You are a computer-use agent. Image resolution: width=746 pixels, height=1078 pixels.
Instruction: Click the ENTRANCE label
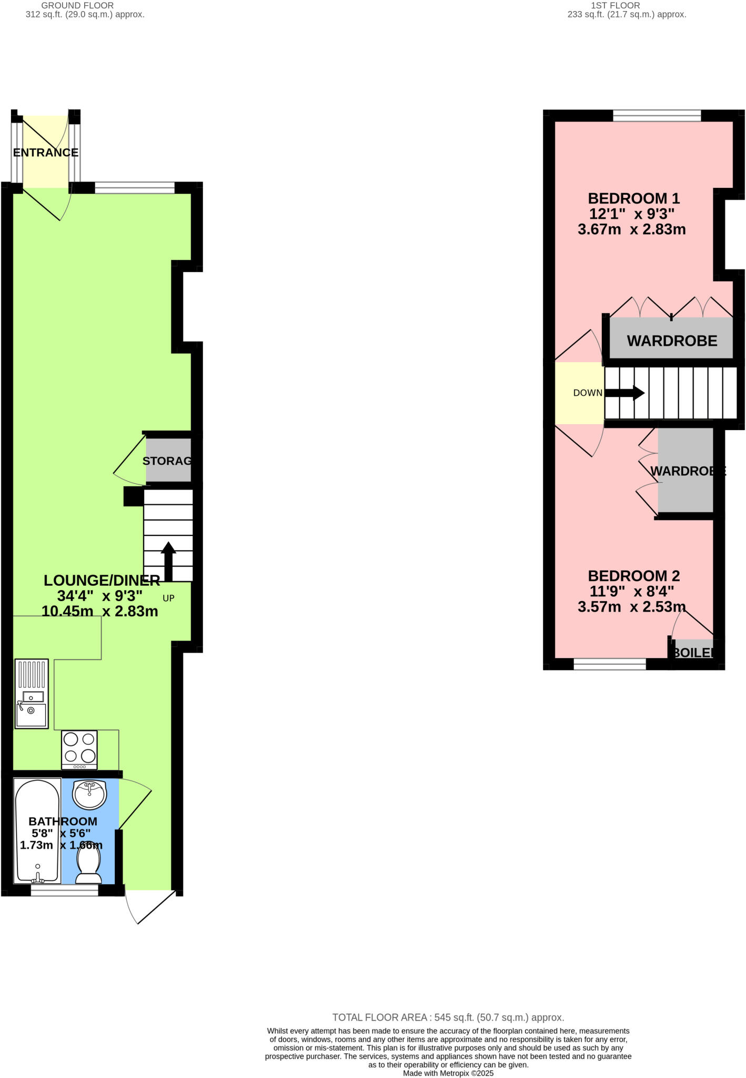(x=45, y=153)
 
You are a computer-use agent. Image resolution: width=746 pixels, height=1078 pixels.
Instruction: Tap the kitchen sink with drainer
(x=32, y=694)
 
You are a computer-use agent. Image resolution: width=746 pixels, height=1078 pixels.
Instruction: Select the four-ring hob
(x=79, y=750)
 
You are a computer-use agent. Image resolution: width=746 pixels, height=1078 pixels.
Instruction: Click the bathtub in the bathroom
(x=37, y=831)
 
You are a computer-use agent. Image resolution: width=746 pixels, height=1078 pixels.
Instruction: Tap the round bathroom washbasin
(x=89, y=794)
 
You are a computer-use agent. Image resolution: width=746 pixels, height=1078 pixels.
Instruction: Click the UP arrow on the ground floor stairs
(x=168, y=561)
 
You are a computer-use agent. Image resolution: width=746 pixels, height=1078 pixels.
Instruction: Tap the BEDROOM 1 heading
(x=633, y=198)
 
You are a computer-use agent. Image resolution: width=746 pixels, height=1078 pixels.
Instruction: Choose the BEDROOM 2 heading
(x=633, y=576)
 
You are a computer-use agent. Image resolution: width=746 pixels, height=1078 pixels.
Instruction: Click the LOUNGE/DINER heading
(x=102, y=581)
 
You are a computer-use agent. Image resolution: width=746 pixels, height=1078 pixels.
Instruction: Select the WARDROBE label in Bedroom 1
(x=672, y=341)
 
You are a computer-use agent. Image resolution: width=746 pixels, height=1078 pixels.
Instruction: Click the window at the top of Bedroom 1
(x=657, y=115)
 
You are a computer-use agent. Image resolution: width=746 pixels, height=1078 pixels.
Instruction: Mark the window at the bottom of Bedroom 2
(x=609, y=665)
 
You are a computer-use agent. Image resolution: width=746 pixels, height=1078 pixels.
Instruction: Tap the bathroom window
(x=64, y=890)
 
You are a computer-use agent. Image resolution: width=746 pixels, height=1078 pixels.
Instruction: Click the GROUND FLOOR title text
(x=77, y=5)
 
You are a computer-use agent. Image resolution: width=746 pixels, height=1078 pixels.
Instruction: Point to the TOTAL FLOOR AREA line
(x=448, y=1017)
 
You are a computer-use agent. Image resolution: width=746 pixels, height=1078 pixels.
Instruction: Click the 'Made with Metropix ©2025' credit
(x=448, y=1073)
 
